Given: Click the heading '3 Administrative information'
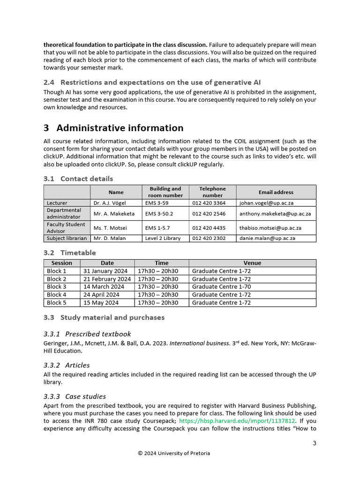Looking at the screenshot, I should coord(113,128).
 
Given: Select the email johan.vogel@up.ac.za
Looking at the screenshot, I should coord(267,203).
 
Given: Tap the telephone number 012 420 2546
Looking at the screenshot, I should coord(209,213).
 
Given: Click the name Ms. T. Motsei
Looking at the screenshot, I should coord(110,228).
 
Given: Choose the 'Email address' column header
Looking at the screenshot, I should coord(276,192).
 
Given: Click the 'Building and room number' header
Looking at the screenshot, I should coord(165,192).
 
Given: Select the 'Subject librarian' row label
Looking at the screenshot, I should coord(67,238).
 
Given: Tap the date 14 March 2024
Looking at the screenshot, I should coord(104,287).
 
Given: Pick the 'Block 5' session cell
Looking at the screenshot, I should coord(57,303).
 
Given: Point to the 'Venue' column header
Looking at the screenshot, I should coord(252,263).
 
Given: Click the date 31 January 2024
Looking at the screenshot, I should coord(105,271).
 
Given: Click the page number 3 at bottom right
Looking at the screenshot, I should coord(315,443).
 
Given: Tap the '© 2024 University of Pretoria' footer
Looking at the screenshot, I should coord(174,453).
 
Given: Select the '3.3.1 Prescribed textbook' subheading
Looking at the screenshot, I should coord(87,334).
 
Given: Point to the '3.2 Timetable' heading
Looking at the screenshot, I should coord(69,253).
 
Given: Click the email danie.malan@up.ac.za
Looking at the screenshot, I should coord(267,238).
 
